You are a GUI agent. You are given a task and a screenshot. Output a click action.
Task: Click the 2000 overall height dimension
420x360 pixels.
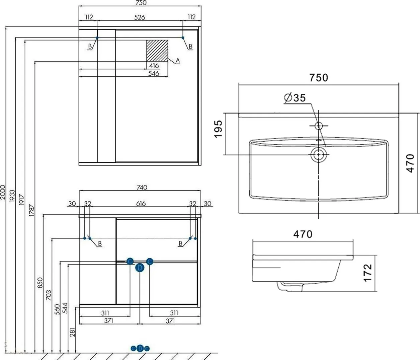[x=3, y=192]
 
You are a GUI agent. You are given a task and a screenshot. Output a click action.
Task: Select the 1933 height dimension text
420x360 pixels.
[x=12, y=196]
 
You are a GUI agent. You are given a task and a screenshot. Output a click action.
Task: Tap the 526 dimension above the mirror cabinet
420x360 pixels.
[x=140, y=17]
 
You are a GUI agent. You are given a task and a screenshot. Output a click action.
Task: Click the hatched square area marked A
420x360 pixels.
[x=157, y=51]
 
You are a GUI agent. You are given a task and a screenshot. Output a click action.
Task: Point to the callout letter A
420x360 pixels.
[x=178, y=60]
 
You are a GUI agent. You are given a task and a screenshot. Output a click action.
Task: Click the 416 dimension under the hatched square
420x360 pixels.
[x=154, y=66]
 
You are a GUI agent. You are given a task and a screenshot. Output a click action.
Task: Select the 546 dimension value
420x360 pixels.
[x=154, y=73]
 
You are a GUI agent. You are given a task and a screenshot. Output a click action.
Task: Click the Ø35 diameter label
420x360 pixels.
[x=295, y=98]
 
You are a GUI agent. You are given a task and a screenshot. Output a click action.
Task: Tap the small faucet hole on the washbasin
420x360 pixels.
[x=319, y=126]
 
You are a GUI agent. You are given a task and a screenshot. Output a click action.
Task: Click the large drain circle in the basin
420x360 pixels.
[x=318, y=155]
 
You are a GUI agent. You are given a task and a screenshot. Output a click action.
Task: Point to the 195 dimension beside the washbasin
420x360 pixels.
[x=219, y=129]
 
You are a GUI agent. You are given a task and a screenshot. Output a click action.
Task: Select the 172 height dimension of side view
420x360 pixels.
[x=367, y=273]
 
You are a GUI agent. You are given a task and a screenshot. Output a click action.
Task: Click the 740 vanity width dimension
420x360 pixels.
[x=142, y=187]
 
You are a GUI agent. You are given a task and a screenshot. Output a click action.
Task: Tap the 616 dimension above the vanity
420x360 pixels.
[x=141, y=203]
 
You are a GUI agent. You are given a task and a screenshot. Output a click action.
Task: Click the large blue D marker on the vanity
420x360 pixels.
[x=140, y=268]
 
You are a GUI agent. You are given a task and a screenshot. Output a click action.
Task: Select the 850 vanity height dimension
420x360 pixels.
[x=40, y=283]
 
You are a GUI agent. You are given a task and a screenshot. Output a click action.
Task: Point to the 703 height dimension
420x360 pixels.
[x=49, y=295]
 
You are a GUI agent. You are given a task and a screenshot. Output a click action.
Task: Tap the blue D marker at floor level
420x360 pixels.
[x=140, y=348]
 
